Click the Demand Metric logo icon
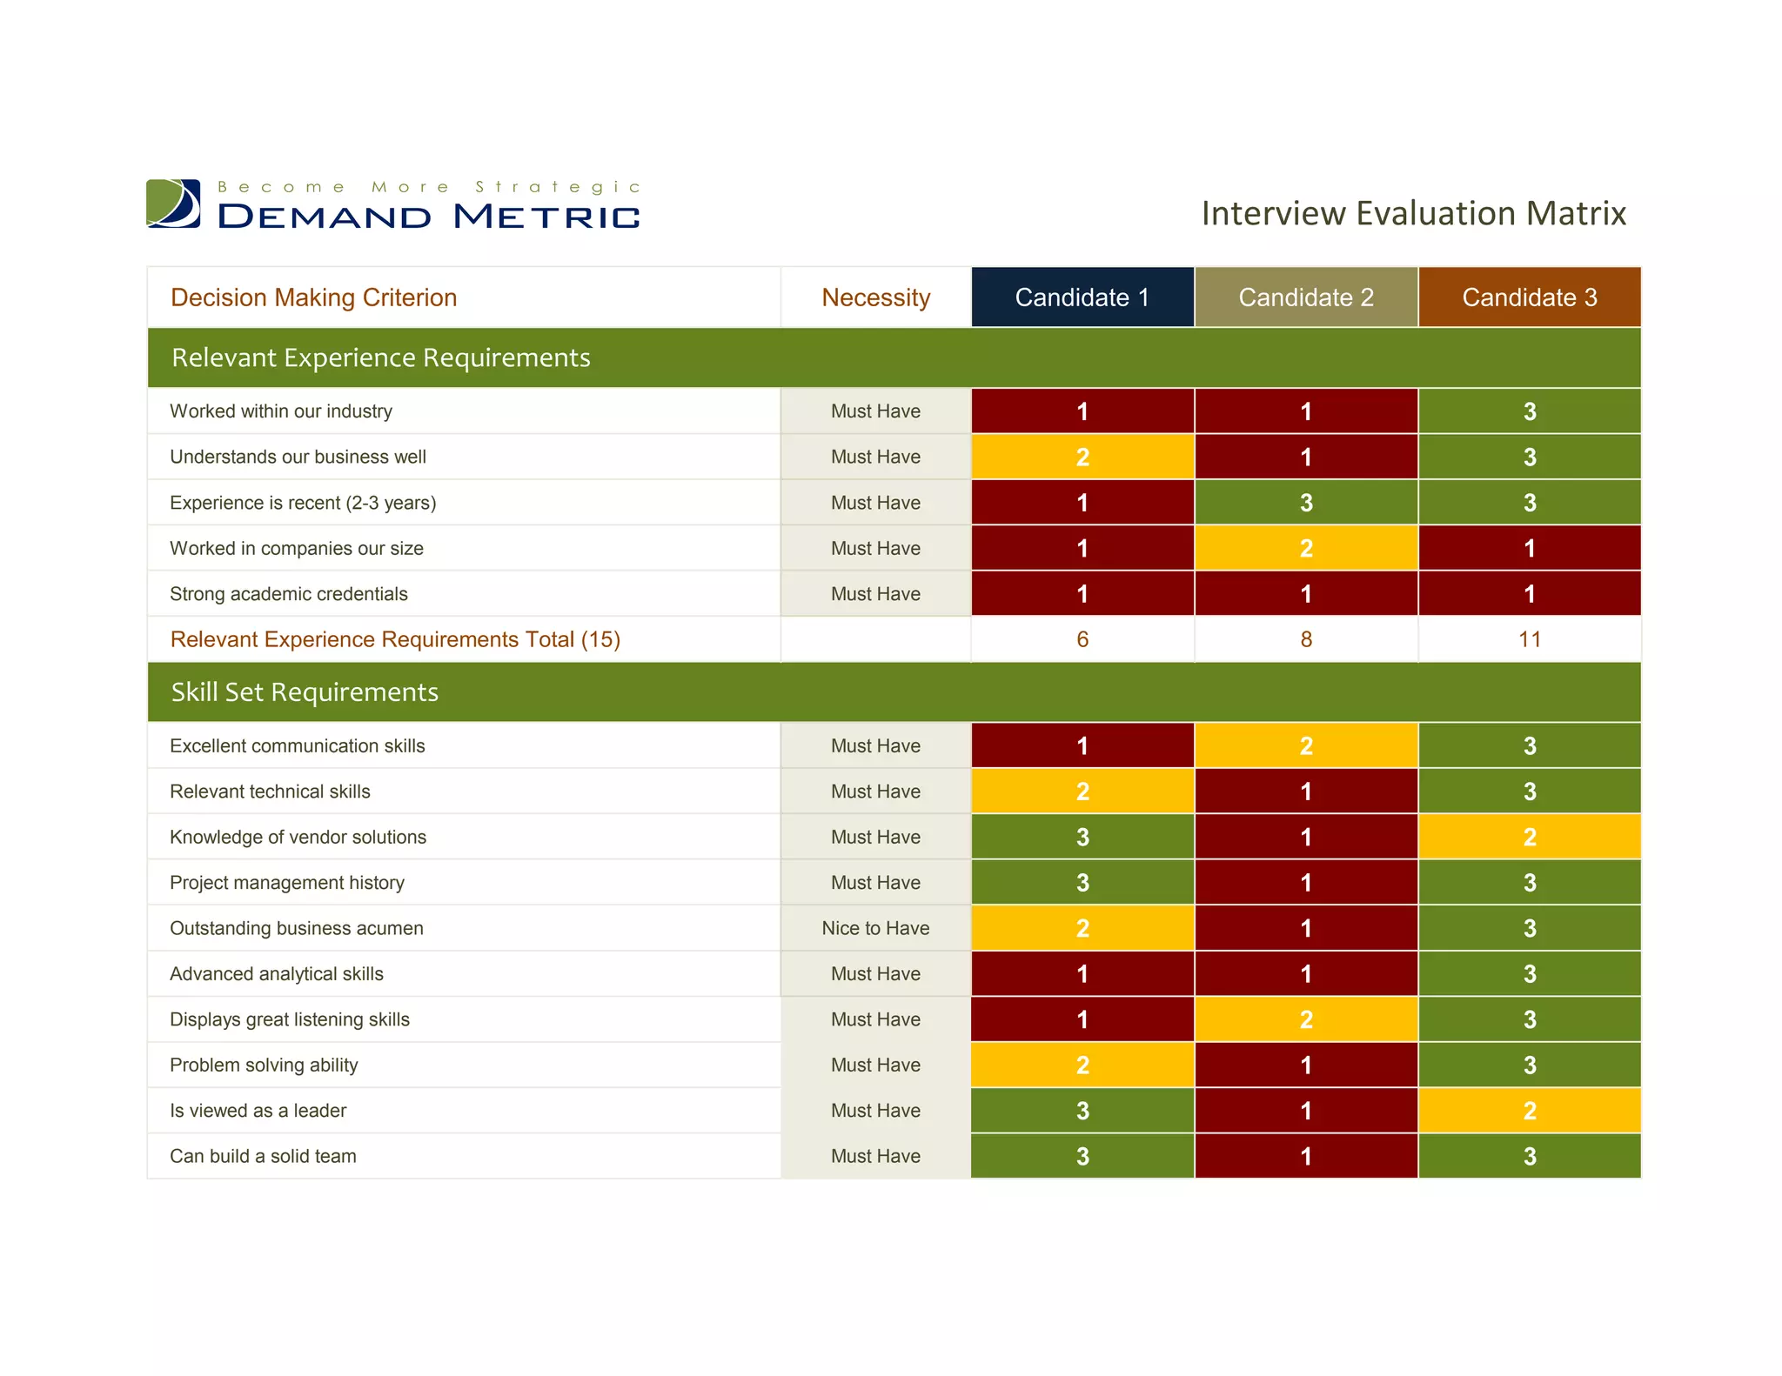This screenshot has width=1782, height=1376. click(x=173, y=204)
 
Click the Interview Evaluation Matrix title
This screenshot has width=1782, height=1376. click(x=1413, y=213)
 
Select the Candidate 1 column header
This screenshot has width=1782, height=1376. click(x=1082, y=297)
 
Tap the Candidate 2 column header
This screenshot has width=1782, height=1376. click(x=1305, y=297)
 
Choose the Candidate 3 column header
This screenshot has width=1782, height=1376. click(x=1529, y=297)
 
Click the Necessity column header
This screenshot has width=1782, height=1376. click(x=875, y=297)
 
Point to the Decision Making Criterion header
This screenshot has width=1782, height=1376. click(x=313, y=297)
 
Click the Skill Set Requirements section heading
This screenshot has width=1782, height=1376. click(x=305, y=692)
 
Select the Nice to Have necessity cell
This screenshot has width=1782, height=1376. click(x=875, y=928)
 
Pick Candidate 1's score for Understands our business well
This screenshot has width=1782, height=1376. click(x=1082, y=457)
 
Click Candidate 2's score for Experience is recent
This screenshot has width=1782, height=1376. click(x=1305, y=503)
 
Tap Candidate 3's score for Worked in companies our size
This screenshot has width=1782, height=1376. click(x=1529, y=548)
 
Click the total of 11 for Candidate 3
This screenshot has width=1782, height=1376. click(x=1529, y=639)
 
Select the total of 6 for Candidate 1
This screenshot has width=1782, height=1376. click(x=1082, y=639)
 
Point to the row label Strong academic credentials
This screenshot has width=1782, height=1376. click(x=289, y=594)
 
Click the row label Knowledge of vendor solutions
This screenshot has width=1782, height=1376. click(x=298, y=837)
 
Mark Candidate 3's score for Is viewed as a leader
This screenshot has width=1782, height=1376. click(x=1529, y=1111)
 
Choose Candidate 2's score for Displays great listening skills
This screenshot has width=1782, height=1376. click(x=1305, y=1019)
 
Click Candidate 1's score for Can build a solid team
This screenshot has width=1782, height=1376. click(x=1082, y=1156)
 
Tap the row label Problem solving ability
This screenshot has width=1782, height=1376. click(x=264, y=1065)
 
